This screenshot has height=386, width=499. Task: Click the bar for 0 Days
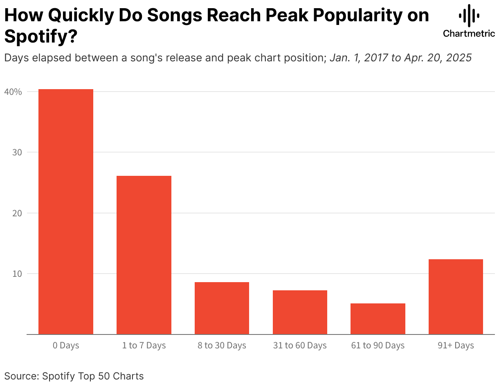pyautogui.click(x=66, y=211)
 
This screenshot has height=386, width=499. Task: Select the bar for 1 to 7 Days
pyautogui.click(x=144, y=255)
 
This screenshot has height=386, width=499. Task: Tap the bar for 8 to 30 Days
pyautogui.click(x=222, y=308)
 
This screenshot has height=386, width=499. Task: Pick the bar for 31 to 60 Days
pyautogui.click(x=300, y=312)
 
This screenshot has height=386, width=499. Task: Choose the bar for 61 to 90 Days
pyautogui.click(x=378, y=319)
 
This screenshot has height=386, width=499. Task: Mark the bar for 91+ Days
pyautogui.click(x=456, y=296)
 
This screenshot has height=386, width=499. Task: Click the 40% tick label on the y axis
pyautogui.click(x=13, y=92)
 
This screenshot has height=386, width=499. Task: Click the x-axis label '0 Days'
pyautogui.click(x=66, y=346)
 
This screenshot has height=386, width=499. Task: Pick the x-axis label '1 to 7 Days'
pyautogui.click(x=144, y=346)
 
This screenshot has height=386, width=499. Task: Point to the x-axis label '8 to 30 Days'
pyautogui.click(x=222, y=346)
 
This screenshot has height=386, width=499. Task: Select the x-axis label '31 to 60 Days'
pyautogui.click(x=300, y=346)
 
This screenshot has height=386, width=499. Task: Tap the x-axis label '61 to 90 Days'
pyautogui.click(x=378, y=346)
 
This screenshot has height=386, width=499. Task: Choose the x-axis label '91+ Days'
pyautogui.click(x=456, y=346)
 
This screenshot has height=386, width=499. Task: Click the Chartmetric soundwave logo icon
pyautogui.click(x=469, y=16)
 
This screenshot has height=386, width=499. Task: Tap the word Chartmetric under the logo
pyautogui.click(x=469, y=34)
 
